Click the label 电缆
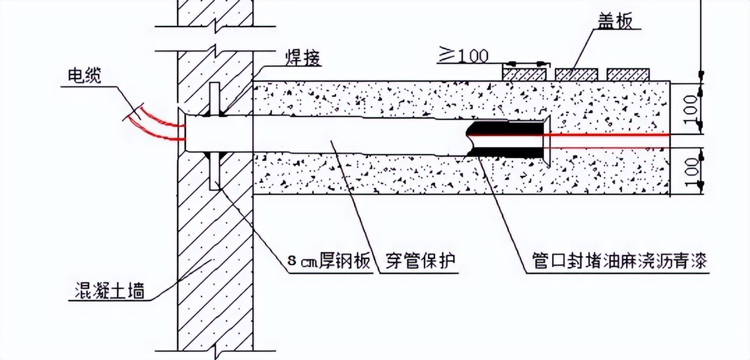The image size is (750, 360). point(84,77)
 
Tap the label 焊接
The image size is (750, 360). point(302,57)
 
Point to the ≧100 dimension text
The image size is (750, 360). point(463,55)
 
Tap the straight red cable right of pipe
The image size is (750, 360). point(609,134)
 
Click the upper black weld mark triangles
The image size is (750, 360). point(215,114)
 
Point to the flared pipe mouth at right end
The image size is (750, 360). point(547,135)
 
